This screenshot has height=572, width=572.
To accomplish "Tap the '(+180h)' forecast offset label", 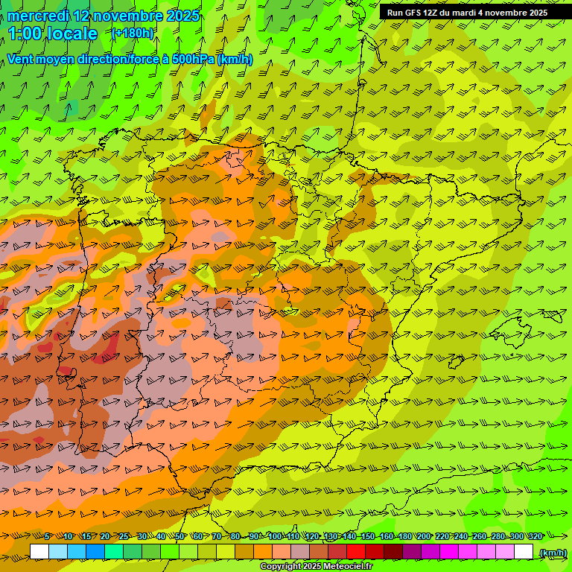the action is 133,34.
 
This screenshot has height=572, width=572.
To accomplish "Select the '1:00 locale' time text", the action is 53,34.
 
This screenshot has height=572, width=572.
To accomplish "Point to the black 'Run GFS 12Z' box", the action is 467,13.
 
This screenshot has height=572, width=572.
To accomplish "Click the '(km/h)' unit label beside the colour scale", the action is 552,553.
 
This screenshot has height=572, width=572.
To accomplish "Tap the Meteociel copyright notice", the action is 316,567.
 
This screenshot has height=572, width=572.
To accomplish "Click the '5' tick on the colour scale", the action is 47,536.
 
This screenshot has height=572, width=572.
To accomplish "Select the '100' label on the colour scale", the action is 274,536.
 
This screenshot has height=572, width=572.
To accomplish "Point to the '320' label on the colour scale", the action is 535,536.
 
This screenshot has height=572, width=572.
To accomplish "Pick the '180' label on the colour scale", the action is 404,536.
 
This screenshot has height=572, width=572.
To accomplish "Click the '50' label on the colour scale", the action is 179,536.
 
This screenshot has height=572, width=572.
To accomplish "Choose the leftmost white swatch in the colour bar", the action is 39,552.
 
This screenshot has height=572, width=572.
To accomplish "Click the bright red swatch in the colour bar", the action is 356,552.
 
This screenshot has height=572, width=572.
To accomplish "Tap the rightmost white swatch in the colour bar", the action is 524,552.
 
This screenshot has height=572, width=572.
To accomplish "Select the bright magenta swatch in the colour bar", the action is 449,552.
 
